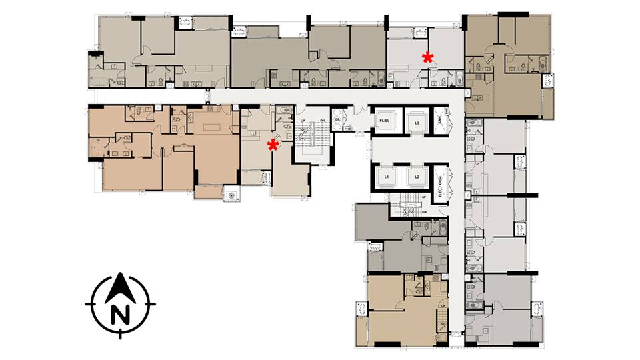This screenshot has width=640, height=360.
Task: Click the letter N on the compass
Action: tap(120, 313)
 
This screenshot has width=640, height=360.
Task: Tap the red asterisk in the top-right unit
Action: tap(428, 58)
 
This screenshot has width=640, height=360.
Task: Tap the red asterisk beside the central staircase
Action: tap(273, 145)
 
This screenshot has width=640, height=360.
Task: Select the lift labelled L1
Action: tap(386, 177)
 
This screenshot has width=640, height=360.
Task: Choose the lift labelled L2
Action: tap(416, 177)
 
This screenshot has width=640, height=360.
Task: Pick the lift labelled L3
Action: tap(416, 122)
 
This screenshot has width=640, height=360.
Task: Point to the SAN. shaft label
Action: tap(440, 121)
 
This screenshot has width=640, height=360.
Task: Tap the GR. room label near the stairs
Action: tap(337, 120)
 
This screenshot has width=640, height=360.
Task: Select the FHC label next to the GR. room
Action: tap(347, 129)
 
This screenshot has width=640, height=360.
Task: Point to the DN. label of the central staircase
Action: tap(323, 120)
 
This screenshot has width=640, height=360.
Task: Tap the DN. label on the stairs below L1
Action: tap(425, 213)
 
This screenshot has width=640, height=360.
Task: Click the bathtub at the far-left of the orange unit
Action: tap(98, 148)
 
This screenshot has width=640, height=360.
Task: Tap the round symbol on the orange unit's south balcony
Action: tap(232, 195)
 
